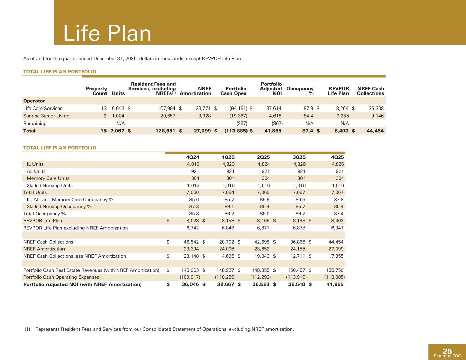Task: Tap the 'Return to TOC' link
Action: point(447,356)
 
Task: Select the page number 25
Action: point(447,351)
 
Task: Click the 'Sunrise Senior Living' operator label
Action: point(46,116)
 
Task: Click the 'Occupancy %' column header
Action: point(300,91)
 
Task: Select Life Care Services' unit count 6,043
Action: point(118,109)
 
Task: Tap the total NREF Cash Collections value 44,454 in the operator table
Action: point(375,131)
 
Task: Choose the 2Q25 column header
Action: point(263,157)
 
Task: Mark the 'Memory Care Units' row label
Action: point(48,178)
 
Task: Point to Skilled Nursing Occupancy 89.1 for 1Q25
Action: point(228,207)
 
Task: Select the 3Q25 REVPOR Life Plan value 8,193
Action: point(299,221)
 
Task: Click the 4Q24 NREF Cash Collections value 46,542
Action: point(191,242)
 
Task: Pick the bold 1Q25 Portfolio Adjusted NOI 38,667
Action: point(226,284)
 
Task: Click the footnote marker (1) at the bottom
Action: point(27,329)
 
